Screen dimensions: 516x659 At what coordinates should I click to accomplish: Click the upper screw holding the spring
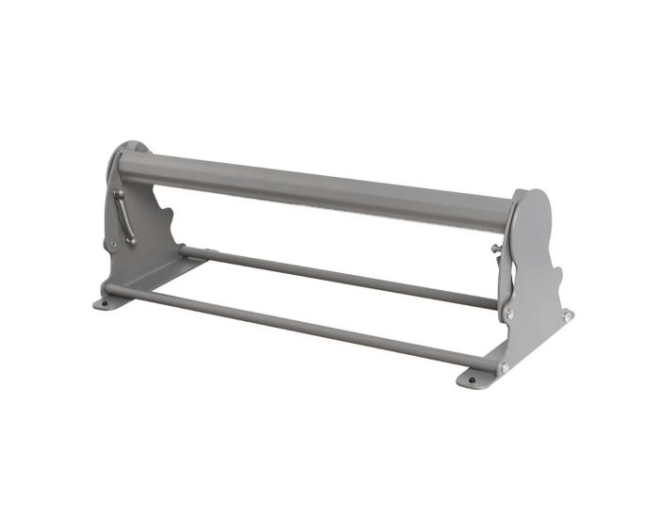pos(118,193)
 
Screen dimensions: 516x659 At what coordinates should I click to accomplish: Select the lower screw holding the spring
pos(131,241)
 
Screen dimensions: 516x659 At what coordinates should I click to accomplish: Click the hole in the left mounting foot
pos(104,303)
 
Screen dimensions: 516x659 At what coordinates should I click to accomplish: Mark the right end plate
pos(537,273)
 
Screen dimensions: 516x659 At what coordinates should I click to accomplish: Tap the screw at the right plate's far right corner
pos(567,316)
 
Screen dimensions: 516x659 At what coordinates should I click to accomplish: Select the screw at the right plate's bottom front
pos(502,366)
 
